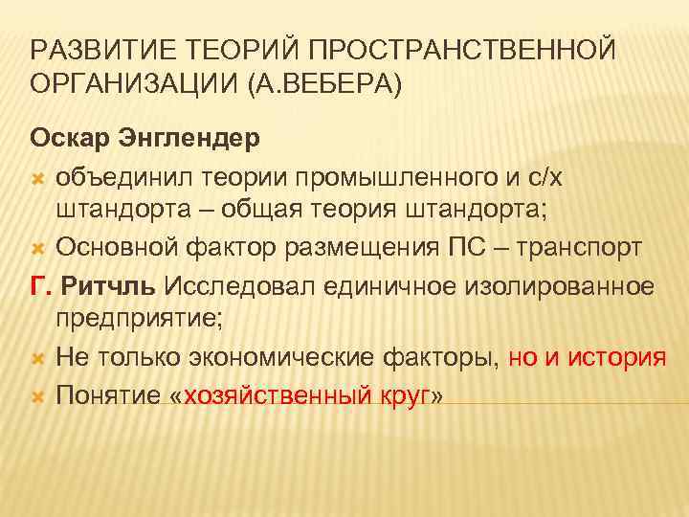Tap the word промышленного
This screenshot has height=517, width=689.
tap(378, 175)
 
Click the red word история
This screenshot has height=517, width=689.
tap(612, 358)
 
